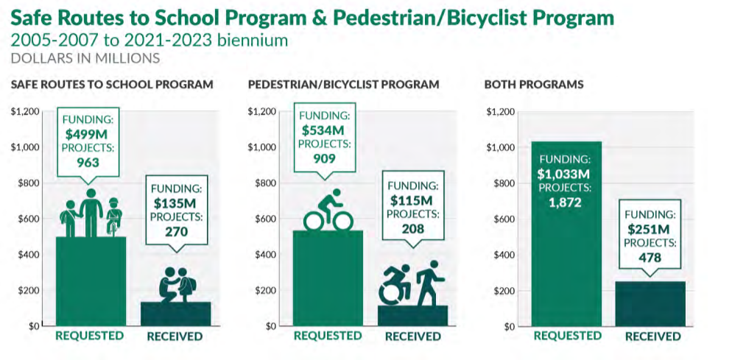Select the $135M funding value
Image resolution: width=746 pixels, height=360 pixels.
(176, 202)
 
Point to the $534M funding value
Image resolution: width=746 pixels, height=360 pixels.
(323, 130)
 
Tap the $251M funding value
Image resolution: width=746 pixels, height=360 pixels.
(650, 229)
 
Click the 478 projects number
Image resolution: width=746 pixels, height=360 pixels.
(650, 258)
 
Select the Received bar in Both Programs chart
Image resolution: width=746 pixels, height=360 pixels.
(650, 303)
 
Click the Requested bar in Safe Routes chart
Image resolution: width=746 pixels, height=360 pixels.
(91, 280)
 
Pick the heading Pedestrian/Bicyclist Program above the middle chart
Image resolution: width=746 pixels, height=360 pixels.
(343, 85)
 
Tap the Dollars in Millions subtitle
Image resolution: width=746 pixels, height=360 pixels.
(85, 57)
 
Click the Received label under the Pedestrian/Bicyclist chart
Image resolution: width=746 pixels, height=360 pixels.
(412, 336)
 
